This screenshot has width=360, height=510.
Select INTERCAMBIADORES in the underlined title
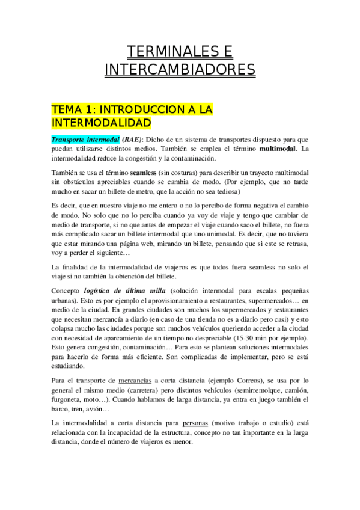[180, 70]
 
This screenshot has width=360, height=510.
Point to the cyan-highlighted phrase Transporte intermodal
[85, 139]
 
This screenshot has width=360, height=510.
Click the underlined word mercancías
[135, 381]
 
